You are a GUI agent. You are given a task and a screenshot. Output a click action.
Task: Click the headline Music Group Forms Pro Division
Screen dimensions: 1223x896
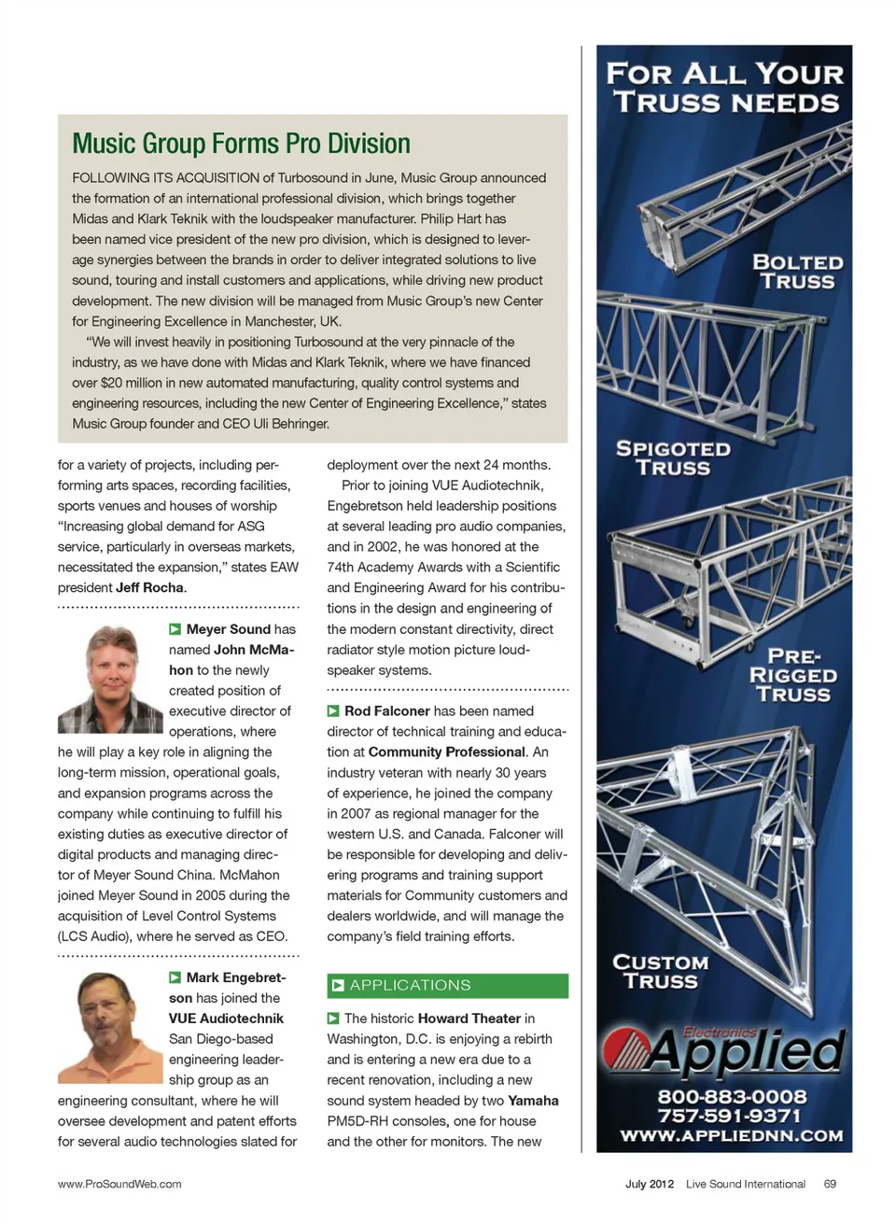241,144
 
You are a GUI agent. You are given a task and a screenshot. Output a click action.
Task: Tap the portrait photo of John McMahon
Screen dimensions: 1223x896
110,679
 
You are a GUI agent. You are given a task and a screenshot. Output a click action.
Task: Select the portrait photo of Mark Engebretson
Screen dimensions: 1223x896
110,1027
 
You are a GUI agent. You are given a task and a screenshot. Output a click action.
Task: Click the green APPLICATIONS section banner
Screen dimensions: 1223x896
447,986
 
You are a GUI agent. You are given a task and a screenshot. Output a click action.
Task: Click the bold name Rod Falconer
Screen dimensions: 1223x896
386,711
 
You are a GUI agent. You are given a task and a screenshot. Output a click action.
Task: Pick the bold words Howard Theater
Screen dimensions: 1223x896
469,1019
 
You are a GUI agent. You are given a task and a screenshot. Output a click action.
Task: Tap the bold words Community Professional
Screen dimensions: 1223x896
447,752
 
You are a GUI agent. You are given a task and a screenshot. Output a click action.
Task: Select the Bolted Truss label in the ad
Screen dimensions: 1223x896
797,272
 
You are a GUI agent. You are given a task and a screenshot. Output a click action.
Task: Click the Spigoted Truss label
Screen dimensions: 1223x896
673,458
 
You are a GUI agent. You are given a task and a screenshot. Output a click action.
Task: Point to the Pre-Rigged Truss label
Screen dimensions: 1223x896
792,675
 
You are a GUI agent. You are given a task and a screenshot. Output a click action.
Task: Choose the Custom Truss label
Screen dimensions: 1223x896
660,972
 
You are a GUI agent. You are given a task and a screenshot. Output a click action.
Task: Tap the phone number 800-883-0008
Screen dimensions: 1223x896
732,1097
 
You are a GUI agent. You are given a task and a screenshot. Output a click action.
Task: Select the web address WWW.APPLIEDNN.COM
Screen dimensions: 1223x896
732,1136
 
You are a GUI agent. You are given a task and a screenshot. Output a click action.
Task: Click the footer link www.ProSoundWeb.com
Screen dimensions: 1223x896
119,1184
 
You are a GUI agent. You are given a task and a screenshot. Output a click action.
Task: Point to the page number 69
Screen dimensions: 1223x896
830,1184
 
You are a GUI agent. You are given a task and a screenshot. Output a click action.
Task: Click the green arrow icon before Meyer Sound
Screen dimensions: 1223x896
175,630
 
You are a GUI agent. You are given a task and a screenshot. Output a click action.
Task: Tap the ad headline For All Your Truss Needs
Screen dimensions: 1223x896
725,88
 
